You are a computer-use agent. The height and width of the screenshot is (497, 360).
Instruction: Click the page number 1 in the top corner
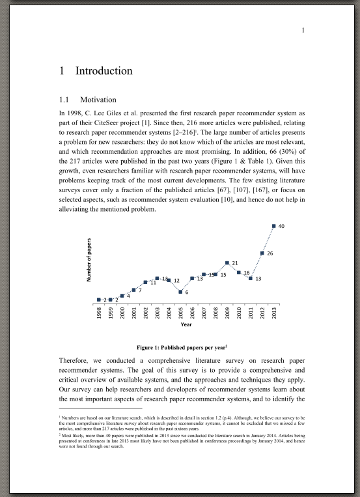(x=303, y=31)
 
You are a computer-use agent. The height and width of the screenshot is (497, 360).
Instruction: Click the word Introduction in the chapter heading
(x=104, y=71)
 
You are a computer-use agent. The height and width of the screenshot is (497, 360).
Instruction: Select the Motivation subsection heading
(x=98, y=100)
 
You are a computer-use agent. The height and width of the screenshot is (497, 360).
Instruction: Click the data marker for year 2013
(x=274, y=226)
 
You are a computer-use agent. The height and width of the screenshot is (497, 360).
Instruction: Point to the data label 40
(x=281, y=227)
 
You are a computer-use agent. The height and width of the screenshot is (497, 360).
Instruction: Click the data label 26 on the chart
(x=270, y=253)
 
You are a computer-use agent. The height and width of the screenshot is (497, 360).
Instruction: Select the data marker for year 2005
(x=180, y=292)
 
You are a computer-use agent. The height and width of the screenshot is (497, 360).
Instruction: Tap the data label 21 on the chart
(x=234, y=263)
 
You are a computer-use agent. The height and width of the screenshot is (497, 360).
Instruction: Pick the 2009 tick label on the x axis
(x=227, y=313)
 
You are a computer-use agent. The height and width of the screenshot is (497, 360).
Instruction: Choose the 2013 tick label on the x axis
(x=274, y=313)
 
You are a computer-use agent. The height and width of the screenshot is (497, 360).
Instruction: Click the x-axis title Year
(x=186, y=324)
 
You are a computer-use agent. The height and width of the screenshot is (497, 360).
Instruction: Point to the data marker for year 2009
(x=227, y=263)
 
